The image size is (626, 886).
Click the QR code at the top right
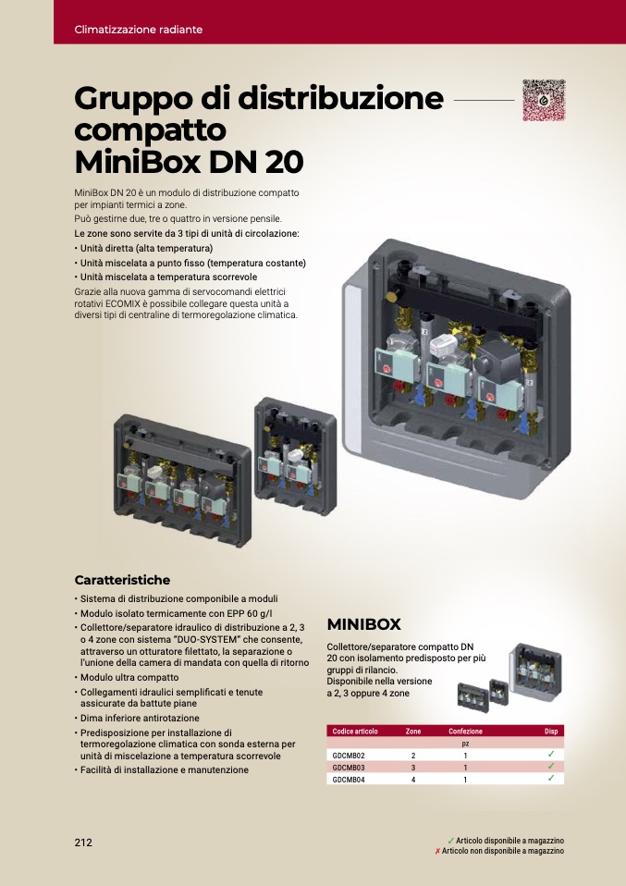pyautogui.click(x=544, y=100)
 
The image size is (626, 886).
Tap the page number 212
pyautogui.click(x=83, y=842)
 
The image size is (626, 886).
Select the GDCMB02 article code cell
pyautogui.click(x=349, y=756)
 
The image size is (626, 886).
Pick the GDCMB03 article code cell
pyautogui.click(x=349, y=768)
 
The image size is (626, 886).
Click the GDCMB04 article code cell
pyautogui.click(x=349, y=780)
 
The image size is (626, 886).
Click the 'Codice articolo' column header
pyautogui.click(x=355, y=732)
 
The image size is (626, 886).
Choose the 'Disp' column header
pyautogui.click(x=551, y=732)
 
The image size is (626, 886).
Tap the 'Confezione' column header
pyautogui.click(x=465, y=732)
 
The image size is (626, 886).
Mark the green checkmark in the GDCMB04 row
pyautogui.click(x=551, y=778)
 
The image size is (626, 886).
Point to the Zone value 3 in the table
pyautogui.click(x=413, y=768)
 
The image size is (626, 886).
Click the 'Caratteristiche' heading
pyautogui.click(x=122, y=580)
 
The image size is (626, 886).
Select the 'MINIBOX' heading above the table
pyautogui.click(x=363, y=624)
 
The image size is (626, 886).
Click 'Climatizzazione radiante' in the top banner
pyautogui.click(x=139, y=30)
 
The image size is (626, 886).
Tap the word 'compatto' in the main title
pyautogui.click(x=151, y=130)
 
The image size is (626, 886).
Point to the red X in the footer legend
pyautogui.click(x=437, y=851)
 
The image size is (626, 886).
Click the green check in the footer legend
pyautogui.click(x=451, y=841)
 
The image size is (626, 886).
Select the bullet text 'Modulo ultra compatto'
pyautogui.click(x=129, y=678)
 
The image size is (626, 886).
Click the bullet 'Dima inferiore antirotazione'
pyautogui.click(x=140, y=719)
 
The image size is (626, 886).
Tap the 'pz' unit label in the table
pyautogui.click(x=465, y=744)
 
